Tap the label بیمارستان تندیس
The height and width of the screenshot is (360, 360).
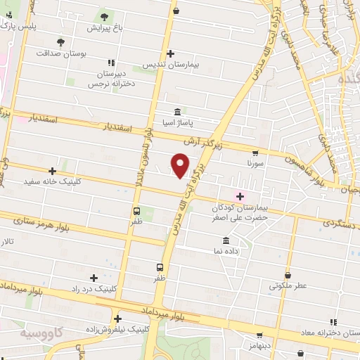click(172, 64)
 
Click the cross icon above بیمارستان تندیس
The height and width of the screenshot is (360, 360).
click(171, 53)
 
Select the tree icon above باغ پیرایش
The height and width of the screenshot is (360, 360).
click(105, 17)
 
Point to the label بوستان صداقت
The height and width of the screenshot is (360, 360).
click(60, 53)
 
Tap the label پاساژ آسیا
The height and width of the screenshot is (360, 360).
click(176, 122)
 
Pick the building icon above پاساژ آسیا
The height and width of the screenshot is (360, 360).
click(176, 112)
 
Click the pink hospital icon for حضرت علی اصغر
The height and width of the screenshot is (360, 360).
click(240, 196)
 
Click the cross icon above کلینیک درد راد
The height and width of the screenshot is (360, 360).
click(95, 278)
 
